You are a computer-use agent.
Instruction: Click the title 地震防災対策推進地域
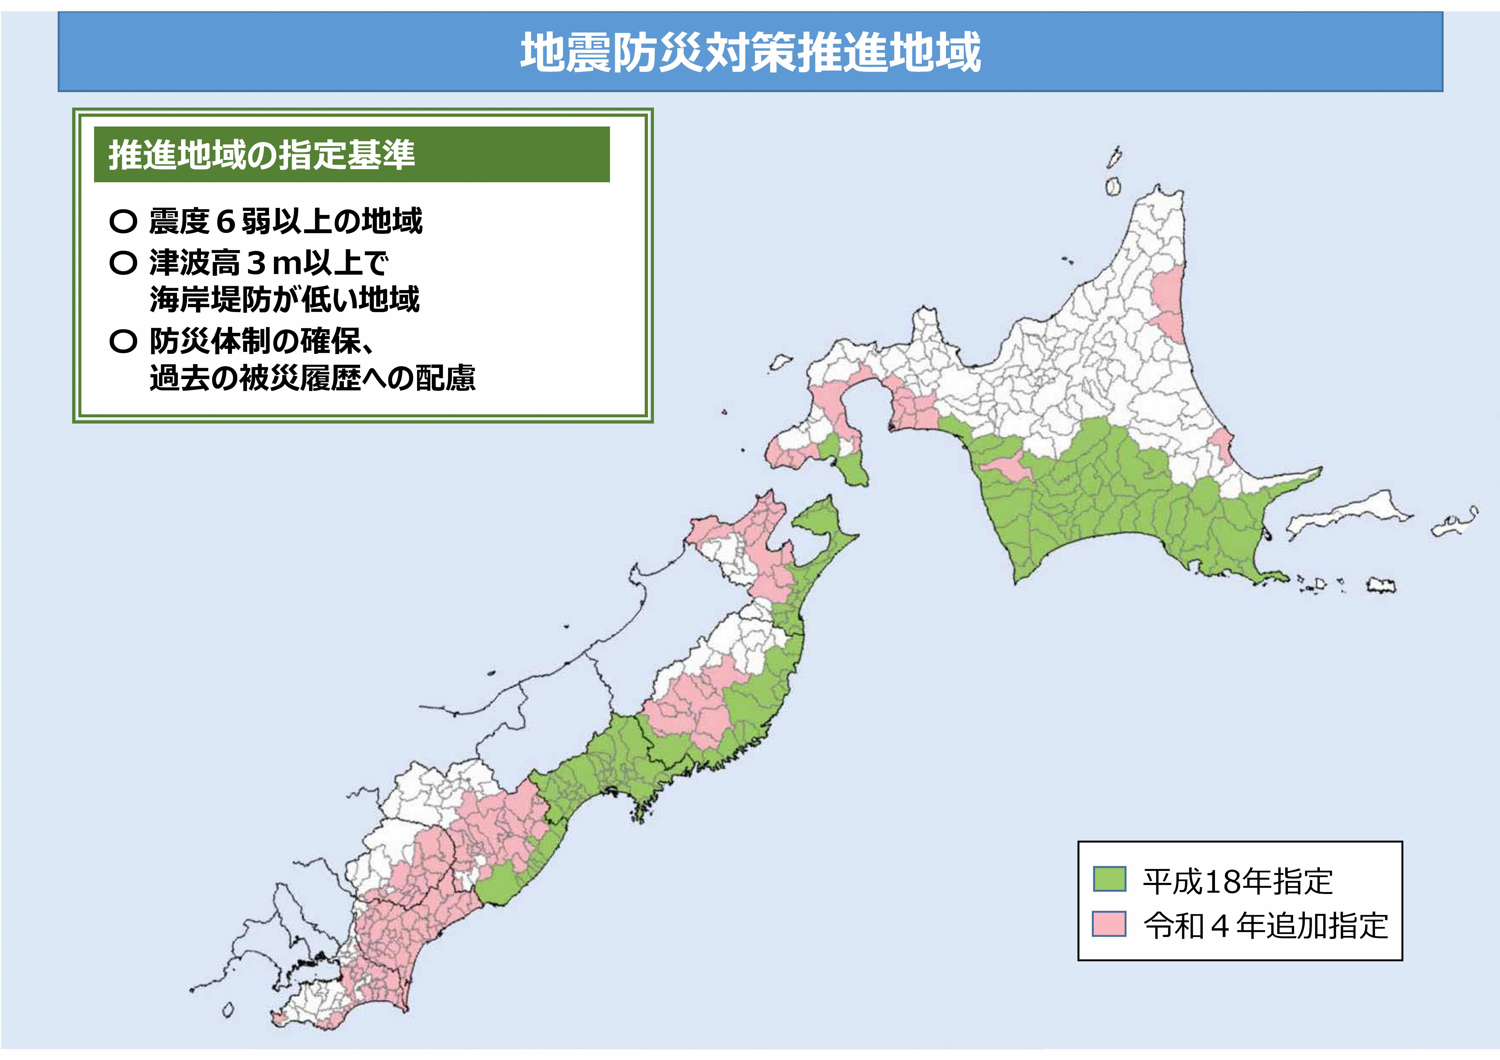[750, 52]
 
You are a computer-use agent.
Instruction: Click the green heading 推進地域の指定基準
[261, 155]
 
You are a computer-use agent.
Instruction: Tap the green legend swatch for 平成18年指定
[1109, 879]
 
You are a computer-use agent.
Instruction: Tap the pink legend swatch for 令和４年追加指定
[1109, 923]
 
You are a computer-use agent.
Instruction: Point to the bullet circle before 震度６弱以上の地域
[123, 221]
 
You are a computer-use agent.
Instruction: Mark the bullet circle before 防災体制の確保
[123, 341]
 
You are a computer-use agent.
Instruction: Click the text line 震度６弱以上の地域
[285, 221]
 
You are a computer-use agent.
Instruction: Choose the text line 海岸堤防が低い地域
[284, 300]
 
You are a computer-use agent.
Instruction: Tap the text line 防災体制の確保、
[261, 341]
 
